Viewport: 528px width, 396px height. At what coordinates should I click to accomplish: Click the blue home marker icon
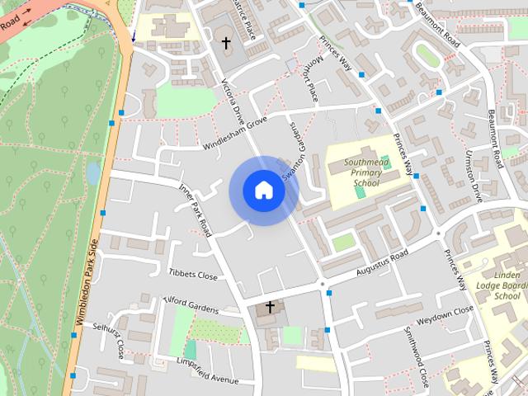coord(264,190)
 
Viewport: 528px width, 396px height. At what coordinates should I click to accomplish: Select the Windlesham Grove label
coord(235,134)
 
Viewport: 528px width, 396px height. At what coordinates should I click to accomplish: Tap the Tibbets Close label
coord(193,274)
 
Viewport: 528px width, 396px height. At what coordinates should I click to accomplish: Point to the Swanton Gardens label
coord(293,153)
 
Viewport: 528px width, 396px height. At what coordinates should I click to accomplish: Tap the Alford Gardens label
coord(192,304)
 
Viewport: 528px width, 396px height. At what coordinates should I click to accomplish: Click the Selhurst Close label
coord(108,341)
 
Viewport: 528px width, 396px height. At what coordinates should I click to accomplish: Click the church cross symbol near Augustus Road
coord(269,306)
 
